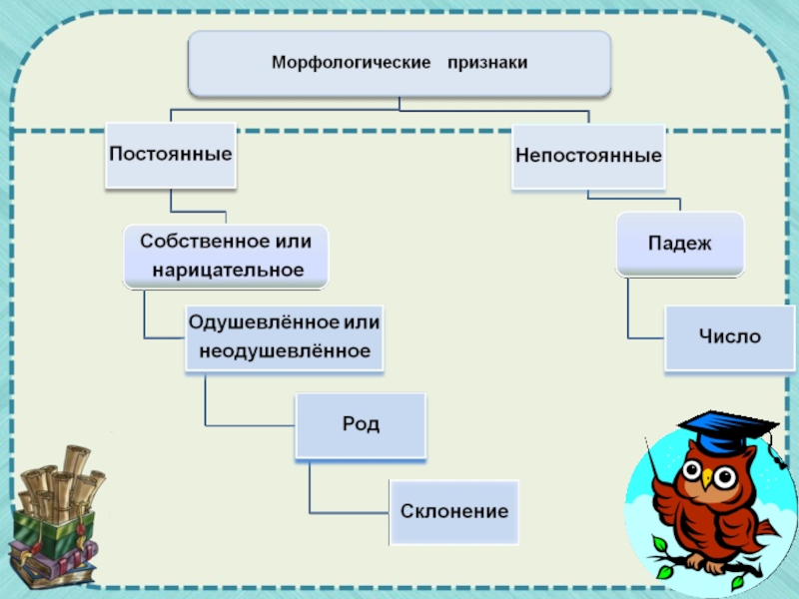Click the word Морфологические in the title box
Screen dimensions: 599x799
[337, 63]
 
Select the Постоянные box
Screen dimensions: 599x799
[171, 156]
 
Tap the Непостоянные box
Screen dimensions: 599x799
[588, 157]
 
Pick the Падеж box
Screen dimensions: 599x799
[679, 244]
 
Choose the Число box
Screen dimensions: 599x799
[728, 337]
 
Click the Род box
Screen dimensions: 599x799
[361, 424]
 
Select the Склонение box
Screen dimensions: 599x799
[454, 511]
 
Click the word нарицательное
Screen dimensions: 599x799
[227, 270]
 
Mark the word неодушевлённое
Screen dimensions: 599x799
[285, 351]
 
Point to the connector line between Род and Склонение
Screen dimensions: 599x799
[311, 489]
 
